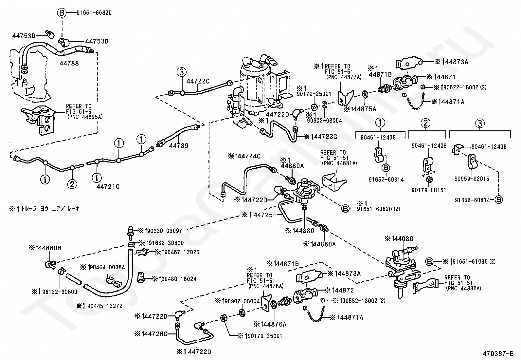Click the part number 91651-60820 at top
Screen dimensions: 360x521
coord(94,13)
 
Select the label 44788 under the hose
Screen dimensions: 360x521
coord(69,64)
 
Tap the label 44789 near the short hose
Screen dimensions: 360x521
coord(179,145)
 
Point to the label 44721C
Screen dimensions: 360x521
coord(108,186)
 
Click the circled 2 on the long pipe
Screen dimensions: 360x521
coord(72,184)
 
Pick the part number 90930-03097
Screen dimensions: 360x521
coord(160,231)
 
